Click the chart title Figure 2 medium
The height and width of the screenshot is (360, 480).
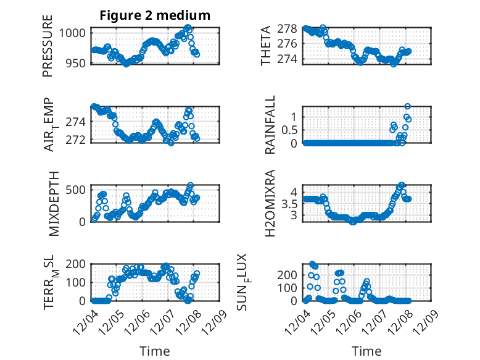[x=155, y=15]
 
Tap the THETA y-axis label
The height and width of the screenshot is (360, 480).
[x=266, y=46]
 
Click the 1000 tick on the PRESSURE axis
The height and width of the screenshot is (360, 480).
[x=76, y=33]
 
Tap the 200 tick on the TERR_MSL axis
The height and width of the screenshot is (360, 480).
[x=78, y=264]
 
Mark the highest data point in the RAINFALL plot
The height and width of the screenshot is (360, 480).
[x=407, y=107]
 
